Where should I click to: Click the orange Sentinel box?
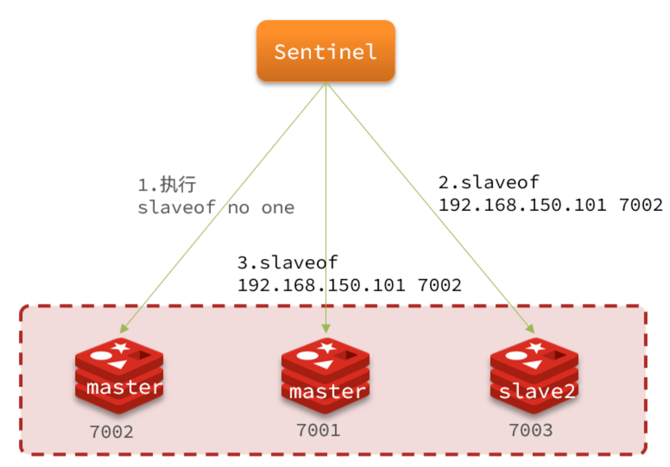[x=326, y=51]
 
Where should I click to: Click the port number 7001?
[x=318, y=430]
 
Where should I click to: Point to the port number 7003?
[x=531, y=430]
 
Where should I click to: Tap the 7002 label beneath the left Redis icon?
[x=112, y=432]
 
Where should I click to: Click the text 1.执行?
[x=167, y=185]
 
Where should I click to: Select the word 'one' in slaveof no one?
[x=278, y=208]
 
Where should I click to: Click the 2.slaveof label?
[x=488, y=182]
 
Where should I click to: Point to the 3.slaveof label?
[x=287, y=262]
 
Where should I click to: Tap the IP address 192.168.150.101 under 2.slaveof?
[x=522, y=205]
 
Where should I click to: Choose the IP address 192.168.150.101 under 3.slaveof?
[x=321, y=285]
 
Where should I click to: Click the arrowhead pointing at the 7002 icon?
[x=124, y=328]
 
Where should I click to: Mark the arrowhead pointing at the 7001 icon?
[x=326, y=329]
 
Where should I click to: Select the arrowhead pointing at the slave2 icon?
[x=530, y=328]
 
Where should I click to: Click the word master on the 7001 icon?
[x=327, y=392]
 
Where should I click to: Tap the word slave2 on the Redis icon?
[x=537, y=392]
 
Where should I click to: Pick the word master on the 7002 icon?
[x=124, y=387]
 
